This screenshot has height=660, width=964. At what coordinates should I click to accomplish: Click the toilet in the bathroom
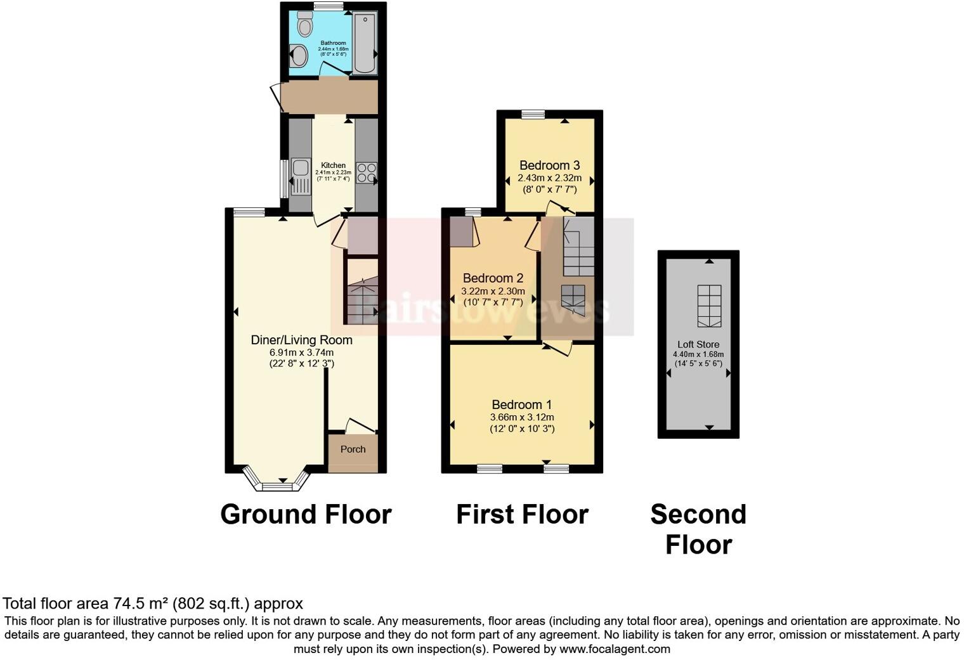(x=306, y=27)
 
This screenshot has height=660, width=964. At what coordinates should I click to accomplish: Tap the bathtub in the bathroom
(x=364, y=44)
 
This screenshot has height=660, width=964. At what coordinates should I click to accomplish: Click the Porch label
(x=353, y=449)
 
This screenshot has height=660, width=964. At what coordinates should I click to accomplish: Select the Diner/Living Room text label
(x=301, y=340)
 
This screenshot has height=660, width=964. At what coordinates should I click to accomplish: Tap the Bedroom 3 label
(x=549, y=165)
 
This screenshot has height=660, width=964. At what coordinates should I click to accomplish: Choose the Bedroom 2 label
(x=493, y=278)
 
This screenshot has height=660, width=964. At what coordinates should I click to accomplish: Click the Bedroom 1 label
(x=521, y=404)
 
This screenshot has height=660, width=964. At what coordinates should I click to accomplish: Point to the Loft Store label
(x=698, y=344)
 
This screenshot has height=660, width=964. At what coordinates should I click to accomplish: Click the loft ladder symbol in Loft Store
(x=709, y=306)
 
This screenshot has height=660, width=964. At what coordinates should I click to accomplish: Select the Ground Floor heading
(x=306, y=514)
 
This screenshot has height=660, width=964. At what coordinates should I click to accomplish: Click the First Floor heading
(x=522, y=514)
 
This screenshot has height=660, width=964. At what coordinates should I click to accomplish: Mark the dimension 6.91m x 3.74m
(x=301, y=353)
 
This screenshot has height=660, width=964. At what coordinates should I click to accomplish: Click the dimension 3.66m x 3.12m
(x=521, y=417)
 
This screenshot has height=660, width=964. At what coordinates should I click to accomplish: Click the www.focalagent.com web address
(x=615, y=649)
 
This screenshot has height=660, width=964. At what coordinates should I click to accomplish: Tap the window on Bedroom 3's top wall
(x=533, y=115)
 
